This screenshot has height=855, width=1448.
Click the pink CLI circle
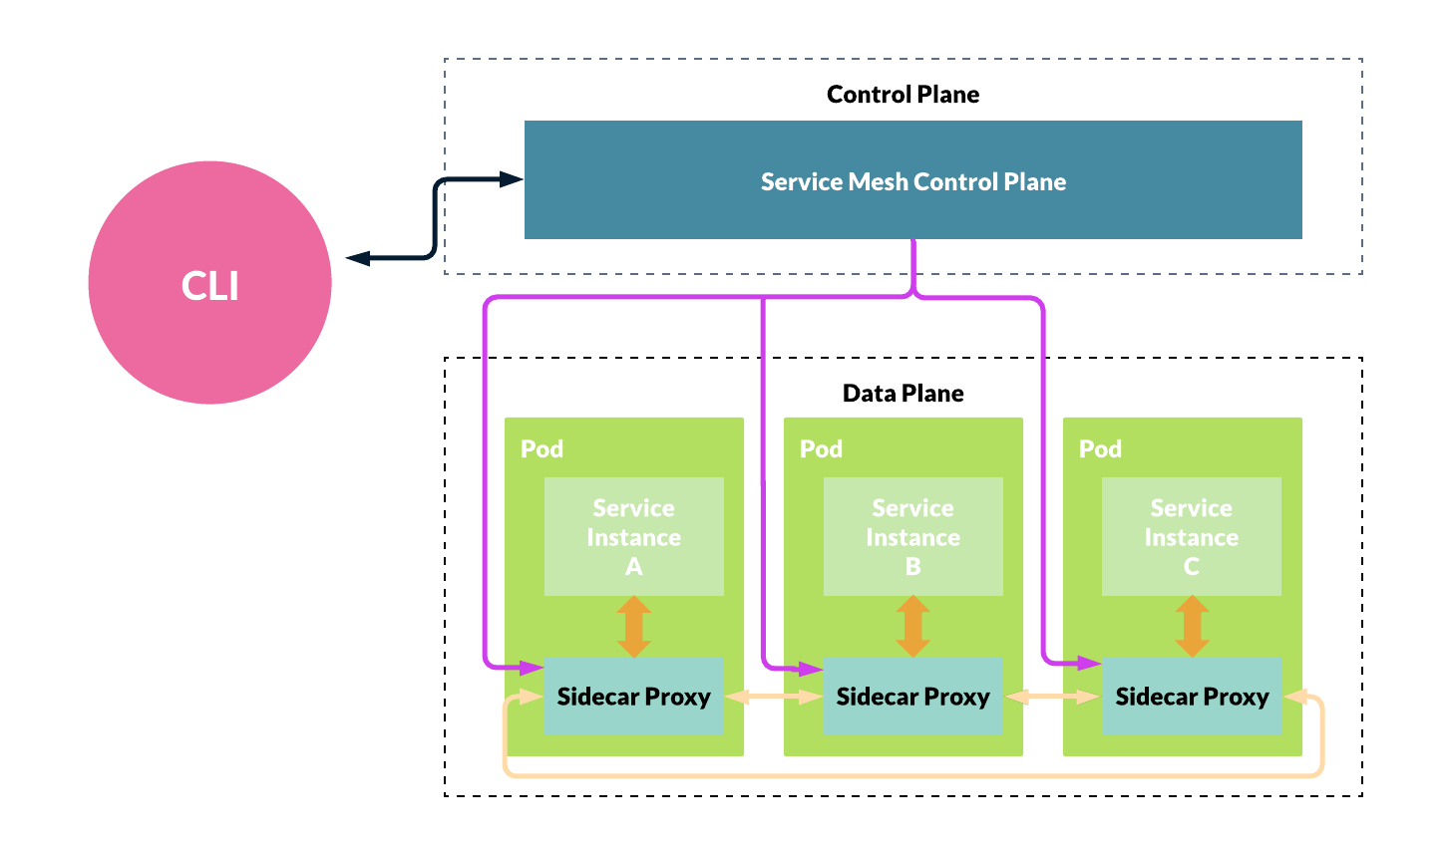coord(209,283)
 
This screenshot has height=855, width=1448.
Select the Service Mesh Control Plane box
coord(912,180)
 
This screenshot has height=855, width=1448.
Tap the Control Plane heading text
coord(903,95)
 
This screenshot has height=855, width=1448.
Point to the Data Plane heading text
coord(903,394)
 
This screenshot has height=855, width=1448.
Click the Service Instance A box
coord(633,537)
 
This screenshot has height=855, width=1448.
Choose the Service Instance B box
coord(912,537)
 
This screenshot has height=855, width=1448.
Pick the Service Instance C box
coord(1191,537)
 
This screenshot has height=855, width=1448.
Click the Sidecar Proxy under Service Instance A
coord(633,697)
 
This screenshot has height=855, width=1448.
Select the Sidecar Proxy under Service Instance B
coord(912,697)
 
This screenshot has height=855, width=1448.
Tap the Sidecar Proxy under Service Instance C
coord(1191,697)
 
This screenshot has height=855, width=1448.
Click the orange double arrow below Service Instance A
coord(634,627)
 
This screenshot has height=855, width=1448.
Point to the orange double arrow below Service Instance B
coord(912,627)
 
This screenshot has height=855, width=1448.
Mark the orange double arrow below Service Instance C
coord(1191,627)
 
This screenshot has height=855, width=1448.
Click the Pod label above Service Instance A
coord(542,449)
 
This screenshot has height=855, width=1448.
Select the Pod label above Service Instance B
coord(821,449)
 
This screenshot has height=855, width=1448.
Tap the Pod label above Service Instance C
coord(1100,449)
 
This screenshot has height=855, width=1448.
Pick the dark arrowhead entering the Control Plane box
coord(512,179)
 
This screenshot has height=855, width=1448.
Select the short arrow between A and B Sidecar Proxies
coord(773,698)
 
